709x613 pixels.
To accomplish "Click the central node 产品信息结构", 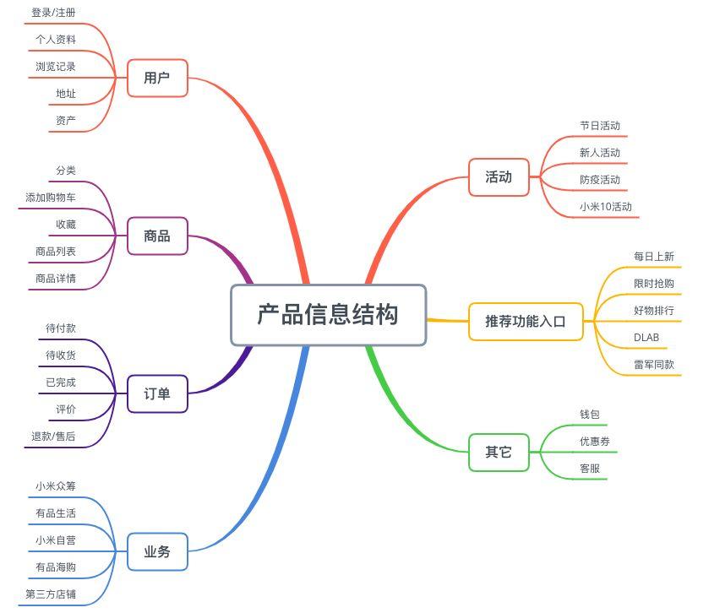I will (328, 315).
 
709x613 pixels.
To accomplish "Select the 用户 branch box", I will (157, 79).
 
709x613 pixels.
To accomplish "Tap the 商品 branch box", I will (157, 236).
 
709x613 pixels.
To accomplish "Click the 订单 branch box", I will (157, 394).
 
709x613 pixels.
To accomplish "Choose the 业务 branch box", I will (157, 552).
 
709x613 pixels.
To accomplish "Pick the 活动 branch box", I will (499, 177).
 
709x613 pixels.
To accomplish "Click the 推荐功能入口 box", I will (526, 322).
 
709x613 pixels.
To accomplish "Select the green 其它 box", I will (499, 453).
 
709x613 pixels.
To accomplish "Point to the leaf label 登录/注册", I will (53, 13).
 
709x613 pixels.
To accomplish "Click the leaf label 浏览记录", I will (56, 67).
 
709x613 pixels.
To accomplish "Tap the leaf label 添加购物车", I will (51, 198).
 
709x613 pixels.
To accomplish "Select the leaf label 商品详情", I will (56, 279).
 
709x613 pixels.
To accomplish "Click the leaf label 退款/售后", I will (53, 437).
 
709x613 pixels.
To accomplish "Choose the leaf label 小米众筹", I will (56, 486).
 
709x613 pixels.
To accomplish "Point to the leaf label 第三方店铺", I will (51, 594).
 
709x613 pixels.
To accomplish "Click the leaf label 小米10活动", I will (606, 207).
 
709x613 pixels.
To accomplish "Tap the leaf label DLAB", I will (646, 338).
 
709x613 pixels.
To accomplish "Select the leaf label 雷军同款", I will (654, 365).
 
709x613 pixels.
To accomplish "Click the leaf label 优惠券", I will (595, 442).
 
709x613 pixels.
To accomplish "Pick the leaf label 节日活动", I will (600, 126).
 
